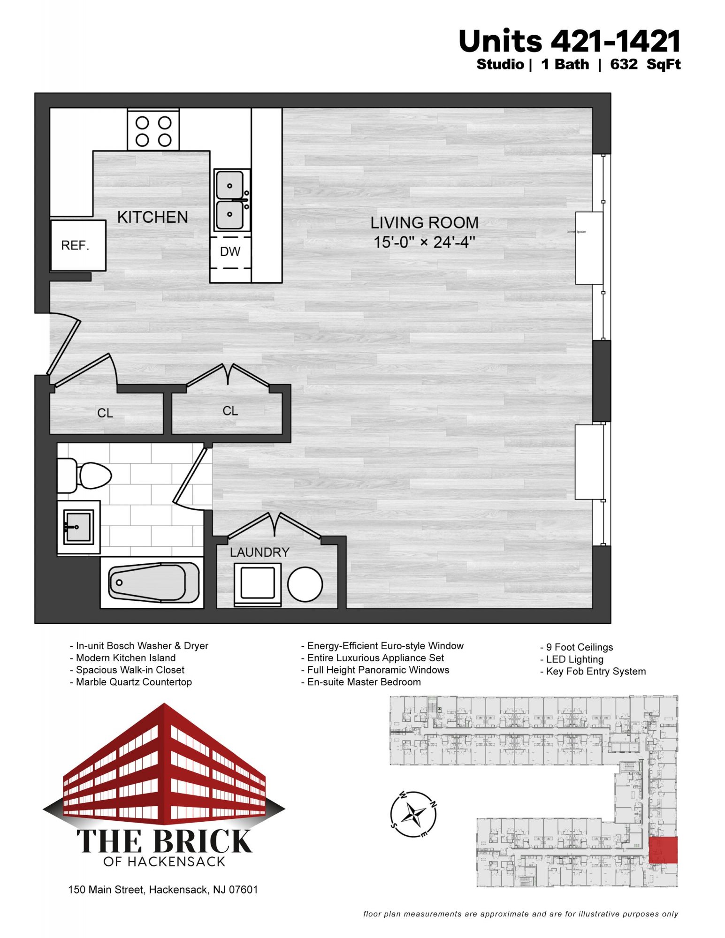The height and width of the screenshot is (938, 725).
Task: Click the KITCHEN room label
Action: pyautogui.click(x=153, y=217)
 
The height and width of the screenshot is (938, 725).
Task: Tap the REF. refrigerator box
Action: pyautogui.click(x=78, y=245)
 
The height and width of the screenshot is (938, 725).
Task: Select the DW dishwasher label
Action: pyautogui.click(x=230, y=252)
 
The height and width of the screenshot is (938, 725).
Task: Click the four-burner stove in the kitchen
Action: pyautogui.click(x=153, y=129)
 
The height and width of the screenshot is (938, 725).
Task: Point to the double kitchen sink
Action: pyautogui.click(x=230, y=200)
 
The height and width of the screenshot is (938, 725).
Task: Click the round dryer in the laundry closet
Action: pyautogui.click(x=305, y=584)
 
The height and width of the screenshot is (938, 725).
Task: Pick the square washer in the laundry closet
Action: pyautogui.click(x=258, y=583)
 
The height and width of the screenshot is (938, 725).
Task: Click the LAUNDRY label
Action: pyautogui.click(x=259, y=552)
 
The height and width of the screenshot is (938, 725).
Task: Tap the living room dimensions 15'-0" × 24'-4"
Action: pyautogui.click(x=424, y=242)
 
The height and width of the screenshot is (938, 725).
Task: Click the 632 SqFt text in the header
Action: pyautogui.click(x=645, y=64)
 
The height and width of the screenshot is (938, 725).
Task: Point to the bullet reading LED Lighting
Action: pyautogui.click(x=572, y=659)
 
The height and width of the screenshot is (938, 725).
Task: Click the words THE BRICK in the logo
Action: pyautogui.click(x=164, y=841)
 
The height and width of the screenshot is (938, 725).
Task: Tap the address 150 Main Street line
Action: pyautogui.click(x=163, y=890)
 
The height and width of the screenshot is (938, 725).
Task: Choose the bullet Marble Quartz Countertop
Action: pyautogui.click(x=130, y=682)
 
